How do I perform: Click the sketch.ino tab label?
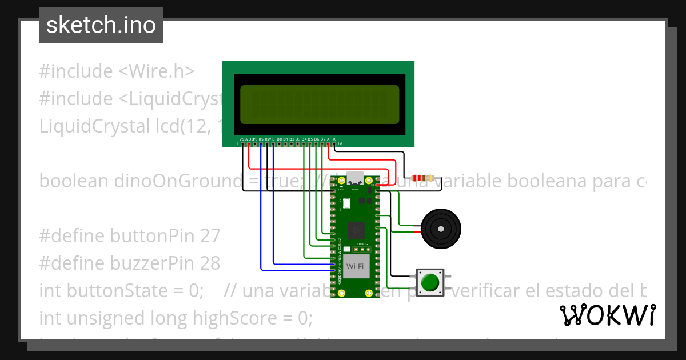point(101,25)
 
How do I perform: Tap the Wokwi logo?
point(607,315)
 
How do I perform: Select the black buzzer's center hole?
point(441,229)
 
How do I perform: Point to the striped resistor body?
point(422,178)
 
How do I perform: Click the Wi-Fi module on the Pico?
point(356,266)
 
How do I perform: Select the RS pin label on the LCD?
point(261,139)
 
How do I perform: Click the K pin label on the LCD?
point(334,139)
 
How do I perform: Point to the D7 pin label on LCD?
point(322,139)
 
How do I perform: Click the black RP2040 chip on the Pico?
point(356,231)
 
